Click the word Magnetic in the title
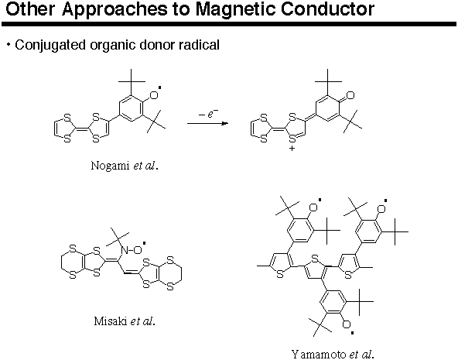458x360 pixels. (235, 9)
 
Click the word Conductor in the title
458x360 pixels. (327, 9)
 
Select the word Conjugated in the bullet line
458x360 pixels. (50, 46)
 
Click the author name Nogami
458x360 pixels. (110, 166)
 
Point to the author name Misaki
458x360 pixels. (111, 321)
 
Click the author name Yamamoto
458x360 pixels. (319, 354)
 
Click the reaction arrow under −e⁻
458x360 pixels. (207, 123)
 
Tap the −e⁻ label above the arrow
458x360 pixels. (208, 113)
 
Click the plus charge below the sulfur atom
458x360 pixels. (292, 149)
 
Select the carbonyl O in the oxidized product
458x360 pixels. (350, 95)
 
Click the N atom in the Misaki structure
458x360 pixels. (125, 250)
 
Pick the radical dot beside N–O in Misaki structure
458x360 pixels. (145, 242)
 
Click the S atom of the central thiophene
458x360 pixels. (315, 259)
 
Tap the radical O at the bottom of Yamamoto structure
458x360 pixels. (347, 324)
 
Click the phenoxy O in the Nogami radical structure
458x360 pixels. (154, 95)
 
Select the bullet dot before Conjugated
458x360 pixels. (9, 45)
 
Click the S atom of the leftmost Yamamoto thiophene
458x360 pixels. (280, 275)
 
